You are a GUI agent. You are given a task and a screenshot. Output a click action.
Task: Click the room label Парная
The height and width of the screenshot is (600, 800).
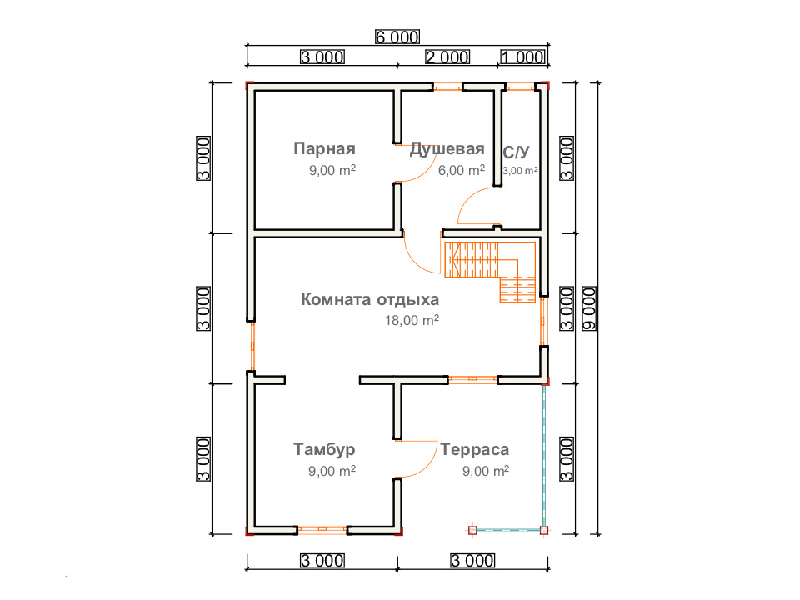(324, 148)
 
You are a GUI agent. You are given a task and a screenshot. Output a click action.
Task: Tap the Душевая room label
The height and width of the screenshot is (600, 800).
(447, 148)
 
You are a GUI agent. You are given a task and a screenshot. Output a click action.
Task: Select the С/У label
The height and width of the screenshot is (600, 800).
(516, 152)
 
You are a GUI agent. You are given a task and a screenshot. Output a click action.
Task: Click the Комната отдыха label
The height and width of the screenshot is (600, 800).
(370, 299)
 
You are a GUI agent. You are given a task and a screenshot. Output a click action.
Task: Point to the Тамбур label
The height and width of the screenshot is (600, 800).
(324, 449)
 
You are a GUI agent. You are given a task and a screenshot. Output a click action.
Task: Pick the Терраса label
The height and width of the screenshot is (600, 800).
(474, 449)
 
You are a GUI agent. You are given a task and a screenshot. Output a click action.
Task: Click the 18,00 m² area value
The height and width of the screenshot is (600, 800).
(412, 320)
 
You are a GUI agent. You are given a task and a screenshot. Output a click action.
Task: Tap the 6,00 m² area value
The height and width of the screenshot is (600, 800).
(461, 170)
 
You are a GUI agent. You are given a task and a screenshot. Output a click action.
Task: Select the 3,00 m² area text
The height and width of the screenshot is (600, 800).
(520, 170)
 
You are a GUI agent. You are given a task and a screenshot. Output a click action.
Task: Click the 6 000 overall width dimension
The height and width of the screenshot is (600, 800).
(397, 37)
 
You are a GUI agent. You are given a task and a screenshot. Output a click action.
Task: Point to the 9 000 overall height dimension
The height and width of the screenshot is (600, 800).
(589, 308)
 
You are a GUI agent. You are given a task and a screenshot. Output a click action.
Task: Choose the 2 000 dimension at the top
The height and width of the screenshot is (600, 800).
(447, 57)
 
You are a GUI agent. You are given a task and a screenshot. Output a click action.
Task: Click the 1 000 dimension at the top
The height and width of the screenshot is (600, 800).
(523, 57)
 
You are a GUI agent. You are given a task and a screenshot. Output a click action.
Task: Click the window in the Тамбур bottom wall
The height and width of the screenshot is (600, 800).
(322, 530)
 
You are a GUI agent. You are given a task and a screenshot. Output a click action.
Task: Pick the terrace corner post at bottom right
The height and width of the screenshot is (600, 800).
(544, 531)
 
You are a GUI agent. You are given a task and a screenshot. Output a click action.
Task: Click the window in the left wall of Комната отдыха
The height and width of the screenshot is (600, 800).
(251, 347)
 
